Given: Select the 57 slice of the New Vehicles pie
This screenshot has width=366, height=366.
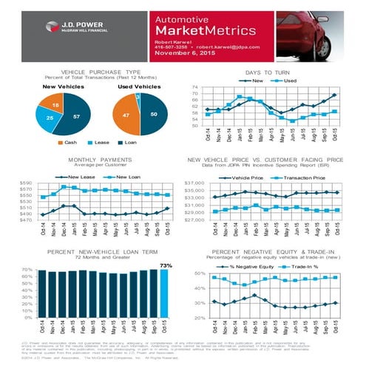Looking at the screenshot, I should click(76, 117).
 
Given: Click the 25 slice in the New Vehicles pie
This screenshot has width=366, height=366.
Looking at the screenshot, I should click(50, 118).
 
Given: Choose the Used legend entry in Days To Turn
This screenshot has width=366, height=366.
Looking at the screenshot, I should click(287, 79).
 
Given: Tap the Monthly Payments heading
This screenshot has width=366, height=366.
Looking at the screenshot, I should click(92, 160).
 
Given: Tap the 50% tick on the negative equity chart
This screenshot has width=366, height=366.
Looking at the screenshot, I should click(200, 274).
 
